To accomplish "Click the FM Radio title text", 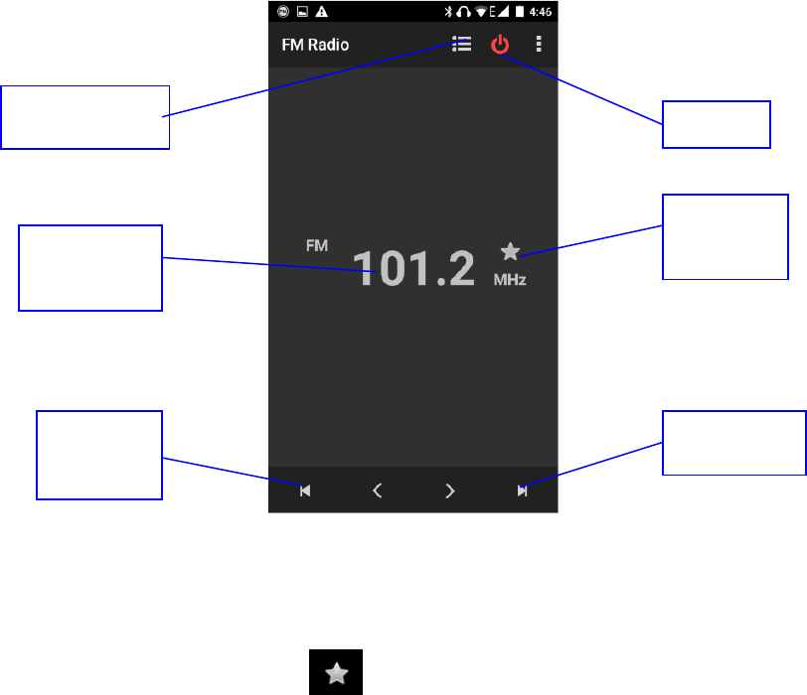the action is (x=315, y=45).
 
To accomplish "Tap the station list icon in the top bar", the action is (x=460, y=45).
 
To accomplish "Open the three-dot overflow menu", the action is (x=540, y=45).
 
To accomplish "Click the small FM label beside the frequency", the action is (x=317, y=244).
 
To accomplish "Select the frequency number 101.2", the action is (x=415, y=269).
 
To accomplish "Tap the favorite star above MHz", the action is (x=510, y=252).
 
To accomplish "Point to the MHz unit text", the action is (x=510, y=281).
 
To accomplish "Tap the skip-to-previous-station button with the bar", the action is (x=305, y=489).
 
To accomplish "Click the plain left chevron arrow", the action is (x=377, y=489).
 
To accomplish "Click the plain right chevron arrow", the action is (x=450, y=489).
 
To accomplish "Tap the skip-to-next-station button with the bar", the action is (x=522, y=489).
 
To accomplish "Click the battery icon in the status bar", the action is (x=519, y=12).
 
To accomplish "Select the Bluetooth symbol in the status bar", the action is (x=448, y=12).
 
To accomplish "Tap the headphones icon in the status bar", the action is (x=464, y=12).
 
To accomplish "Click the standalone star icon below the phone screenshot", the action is (x=338, y=673).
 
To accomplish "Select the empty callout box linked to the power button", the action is (x=717, y=124).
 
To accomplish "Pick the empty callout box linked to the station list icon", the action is (x=85, y=117).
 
